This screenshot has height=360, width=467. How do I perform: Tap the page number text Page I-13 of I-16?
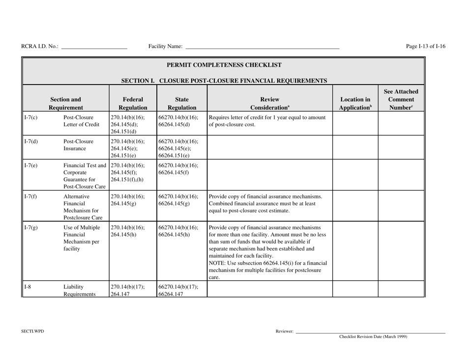coord(426,46)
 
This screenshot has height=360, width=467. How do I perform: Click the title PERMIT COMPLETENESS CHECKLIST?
coord(224,64)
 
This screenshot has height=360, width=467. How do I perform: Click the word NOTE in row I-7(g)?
coord(218,263)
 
